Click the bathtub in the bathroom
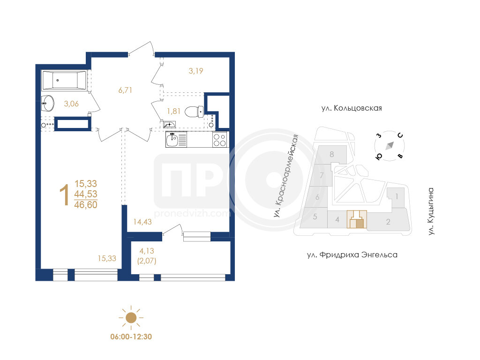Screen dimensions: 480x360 tap(64, 81)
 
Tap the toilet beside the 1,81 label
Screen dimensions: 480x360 tap(194, 112)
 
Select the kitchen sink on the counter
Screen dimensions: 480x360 tap(176, 140)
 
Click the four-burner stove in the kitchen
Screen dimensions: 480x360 tap(220, 140)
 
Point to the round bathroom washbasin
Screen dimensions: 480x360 tap(48, 104)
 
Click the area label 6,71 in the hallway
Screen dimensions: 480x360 tap(125, 90)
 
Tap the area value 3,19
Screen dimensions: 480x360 tap(196, 71)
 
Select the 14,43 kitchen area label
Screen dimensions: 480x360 tap(142, 222)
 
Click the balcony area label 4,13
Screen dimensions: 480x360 tap(147, 251)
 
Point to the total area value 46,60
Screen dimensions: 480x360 tap(86, 205)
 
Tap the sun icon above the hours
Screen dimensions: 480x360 tap(131, 318)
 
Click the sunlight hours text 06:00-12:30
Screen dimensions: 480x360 tap(131, 337)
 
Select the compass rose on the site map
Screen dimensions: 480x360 tap(390, 146)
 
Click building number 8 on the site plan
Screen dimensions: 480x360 tap(332, 154)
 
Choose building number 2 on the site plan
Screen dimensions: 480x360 tap(388, 222)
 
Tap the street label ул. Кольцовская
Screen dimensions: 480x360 tap(352, 108)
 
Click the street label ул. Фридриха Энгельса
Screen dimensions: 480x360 tap(352, 255)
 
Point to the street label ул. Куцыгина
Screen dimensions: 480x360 tap(431, 211)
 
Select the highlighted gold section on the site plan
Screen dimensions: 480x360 tap(357, 219)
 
